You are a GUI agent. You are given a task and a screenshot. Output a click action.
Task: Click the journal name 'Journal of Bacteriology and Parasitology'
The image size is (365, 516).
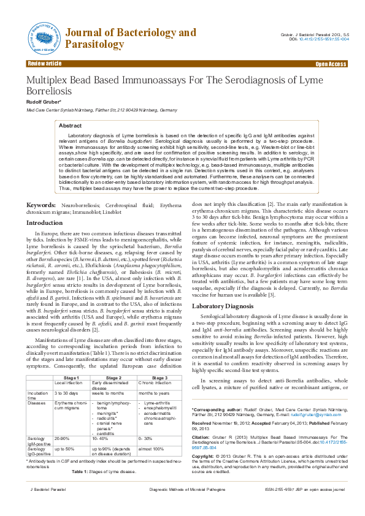click(x=130, y=38)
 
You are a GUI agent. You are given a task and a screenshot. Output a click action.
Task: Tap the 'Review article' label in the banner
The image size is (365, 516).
click(x=44, y=64)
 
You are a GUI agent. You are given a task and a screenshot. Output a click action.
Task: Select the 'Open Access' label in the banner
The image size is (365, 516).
click(x=331, y=64)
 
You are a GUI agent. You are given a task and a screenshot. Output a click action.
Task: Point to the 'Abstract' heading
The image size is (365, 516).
click(x=70, y=125)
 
